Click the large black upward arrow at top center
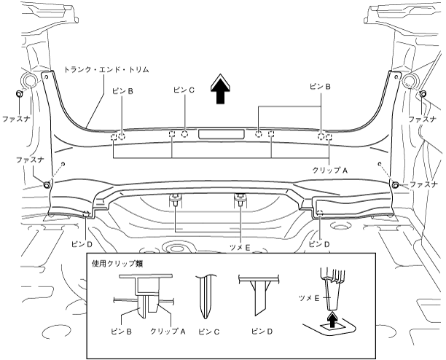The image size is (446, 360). coord(220,89)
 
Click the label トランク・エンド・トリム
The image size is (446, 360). coord(106,70)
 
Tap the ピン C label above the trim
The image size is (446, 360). coord(184,90)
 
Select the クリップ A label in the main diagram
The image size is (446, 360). coord(330,171)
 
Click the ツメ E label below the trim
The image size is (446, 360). coord(240,248)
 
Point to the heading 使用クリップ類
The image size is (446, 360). coord(117,264)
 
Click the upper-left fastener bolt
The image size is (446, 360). coord(19,93)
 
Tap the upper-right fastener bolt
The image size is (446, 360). coord(423,93)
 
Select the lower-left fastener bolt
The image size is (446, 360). coord(47,185)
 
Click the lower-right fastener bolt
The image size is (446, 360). coord(395,185)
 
